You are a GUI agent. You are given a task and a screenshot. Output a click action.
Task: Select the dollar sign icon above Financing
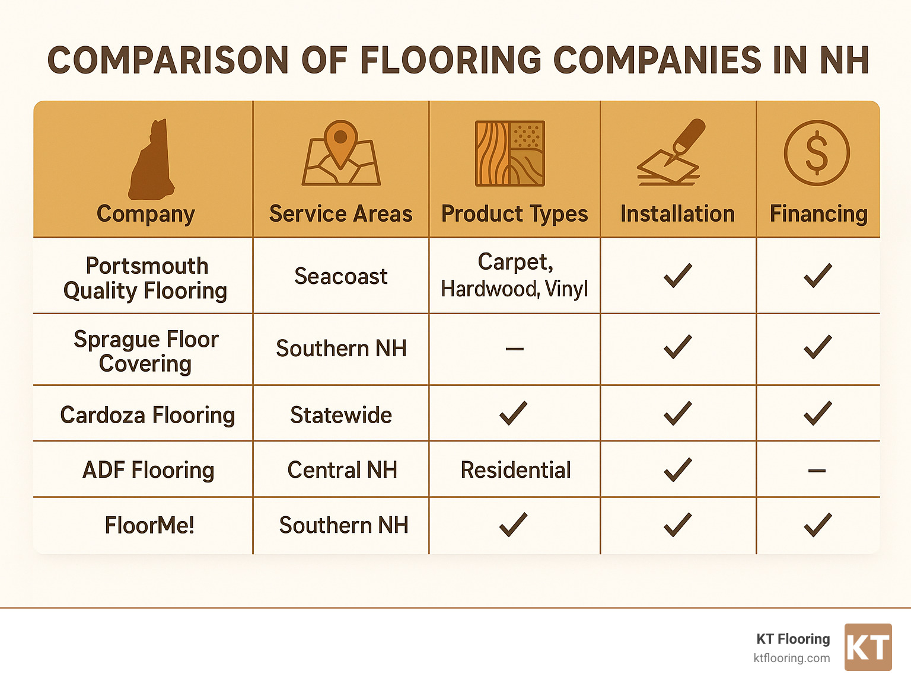tap(817, 153)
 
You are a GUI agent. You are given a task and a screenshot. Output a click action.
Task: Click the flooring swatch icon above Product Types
tap(510, 154)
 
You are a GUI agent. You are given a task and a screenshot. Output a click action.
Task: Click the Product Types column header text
tap(515, 214)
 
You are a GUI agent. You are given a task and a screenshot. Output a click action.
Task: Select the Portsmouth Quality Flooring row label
tap(146, 278)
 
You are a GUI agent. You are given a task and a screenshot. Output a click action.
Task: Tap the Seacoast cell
tap(341, 276)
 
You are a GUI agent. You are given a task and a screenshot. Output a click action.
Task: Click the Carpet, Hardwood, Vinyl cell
tap(515, 275)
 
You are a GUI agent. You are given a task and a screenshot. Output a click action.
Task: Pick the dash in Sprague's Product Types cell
tap(514, 349)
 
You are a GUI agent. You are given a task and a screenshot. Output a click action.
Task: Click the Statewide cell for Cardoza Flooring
tap(341, 415)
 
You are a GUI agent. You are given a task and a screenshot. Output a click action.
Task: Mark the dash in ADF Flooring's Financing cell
tap(817, 471)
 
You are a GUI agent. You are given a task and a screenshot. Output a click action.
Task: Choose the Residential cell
tap(515, 470)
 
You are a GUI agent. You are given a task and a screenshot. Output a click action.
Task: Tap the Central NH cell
tap(342, 470)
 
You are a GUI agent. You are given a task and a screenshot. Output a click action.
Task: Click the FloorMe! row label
tap(149, 525)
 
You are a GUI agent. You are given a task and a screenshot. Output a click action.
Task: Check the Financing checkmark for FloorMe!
tap(817, 525)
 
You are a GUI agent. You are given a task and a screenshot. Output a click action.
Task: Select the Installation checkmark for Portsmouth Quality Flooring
tap(678, 276)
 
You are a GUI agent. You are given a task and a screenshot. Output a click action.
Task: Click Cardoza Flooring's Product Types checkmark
tap(514, 413)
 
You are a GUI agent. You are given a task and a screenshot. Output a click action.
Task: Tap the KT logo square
tap(868, 647)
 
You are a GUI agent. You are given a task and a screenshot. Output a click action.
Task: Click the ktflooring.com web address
tap(791, 658)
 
